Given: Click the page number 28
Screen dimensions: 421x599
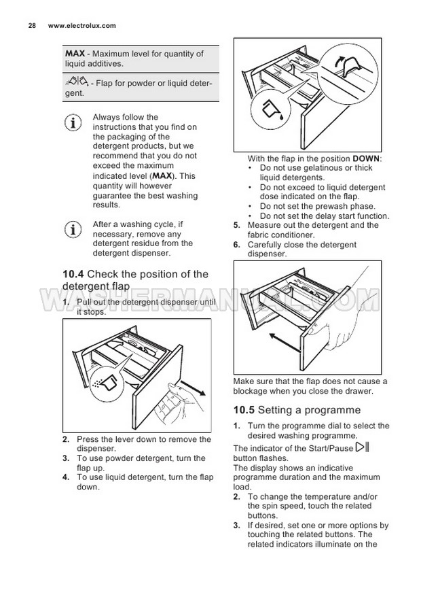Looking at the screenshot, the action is (32, 26).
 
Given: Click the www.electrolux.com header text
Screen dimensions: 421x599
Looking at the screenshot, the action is (81, 26).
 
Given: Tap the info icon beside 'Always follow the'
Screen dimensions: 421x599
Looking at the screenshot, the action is (73, 122).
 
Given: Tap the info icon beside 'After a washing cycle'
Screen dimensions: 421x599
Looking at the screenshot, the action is (73, 230).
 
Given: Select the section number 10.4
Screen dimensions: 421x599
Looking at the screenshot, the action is (73, 274).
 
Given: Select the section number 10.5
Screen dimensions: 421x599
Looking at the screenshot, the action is (244, 410).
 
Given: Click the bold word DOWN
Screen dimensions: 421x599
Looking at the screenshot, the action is (365, 158).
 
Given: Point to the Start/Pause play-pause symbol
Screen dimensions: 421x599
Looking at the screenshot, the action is (362, 447).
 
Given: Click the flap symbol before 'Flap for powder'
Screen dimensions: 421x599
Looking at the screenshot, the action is (77, 82).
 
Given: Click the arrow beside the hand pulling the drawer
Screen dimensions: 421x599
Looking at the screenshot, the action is (193, 388).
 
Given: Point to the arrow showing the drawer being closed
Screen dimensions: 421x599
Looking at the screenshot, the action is (285, 343).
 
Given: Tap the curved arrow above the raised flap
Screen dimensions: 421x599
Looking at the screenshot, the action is (339, 61).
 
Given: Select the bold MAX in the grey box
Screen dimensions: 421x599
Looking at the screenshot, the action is (75, 54).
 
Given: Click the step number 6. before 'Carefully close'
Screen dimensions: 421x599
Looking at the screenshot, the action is (237, 245).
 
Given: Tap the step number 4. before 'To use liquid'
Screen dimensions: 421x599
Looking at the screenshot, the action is (66, 477).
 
